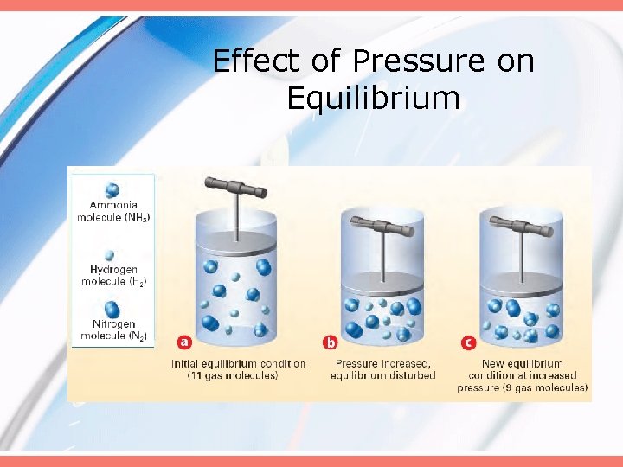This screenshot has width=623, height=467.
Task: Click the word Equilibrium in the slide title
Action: click(373, 99)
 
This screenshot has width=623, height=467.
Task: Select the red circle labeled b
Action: click(330, 342)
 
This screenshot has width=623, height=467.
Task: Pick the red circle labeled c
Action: click(468, 342)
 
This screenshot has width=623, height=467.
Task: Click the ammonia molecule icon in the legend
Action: click(112, 190)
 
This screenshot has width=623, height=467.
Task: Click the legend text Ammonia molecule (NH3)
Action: click(113, 212)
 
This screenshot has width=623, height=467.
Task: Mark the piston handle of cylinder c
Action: click(523, 225)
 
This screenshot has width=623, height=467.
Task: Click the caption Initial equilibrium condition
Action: click(239, 363)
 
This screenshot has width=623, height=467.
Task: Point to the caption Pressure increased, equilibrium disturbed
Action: click(384, 369)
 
